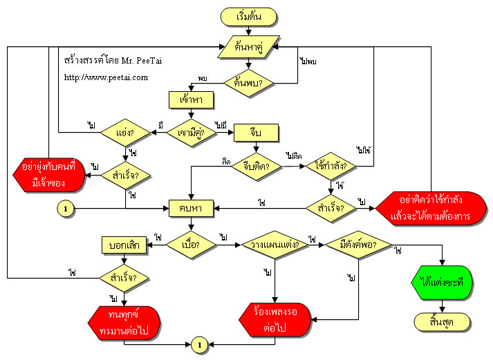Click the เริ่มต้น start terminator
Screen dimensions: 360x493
(249, 16)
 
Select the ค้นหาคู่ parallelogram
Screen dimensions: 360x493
(249, 48)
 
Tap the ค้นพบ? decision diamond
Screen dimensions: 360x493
(249, 84)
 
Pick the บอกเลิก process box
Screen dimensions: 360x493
(125, 245)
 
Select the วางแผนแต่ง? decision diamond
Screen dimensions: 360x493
(276, 245)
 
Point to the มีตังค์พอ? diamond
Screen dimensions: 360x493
(359, 245)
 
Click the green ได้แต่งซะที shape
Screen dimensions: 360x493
(443, 282)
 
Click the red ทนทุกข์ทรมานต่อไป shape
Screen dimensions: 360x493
(124, 321)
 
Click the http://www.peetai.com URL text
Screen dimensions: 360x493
(106, 77)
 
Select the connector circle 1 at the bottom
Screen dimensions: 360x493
(198, 343)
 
